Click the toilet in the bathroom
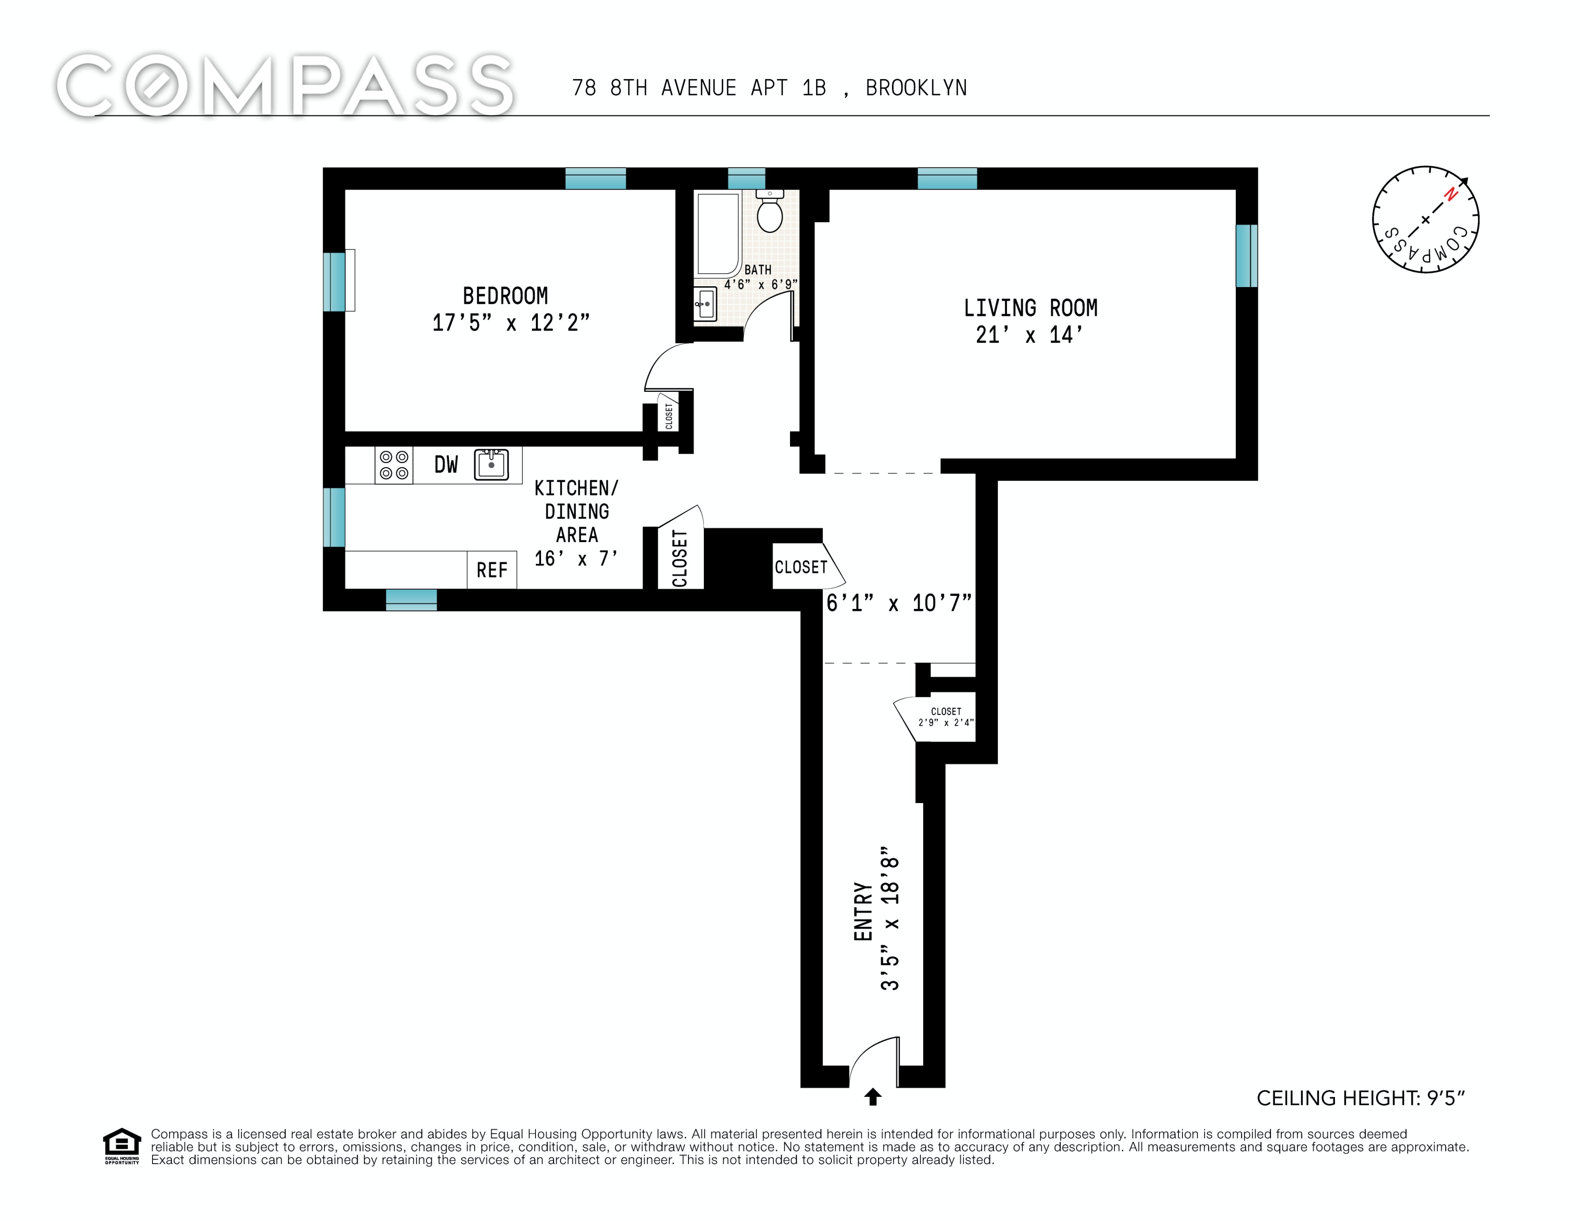coord(770,211)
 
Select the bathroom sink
coord(705,304)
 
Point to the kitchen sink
coord(491,464)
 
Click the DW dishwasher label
coord(446,464)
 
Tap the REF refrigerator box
coord(492,570)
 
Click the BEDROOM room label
coord(505,296)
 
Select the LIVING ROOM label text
coord(1030,308)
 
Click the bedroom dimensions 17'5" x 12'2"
coord(511,323)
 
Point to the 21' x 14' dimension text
coord(1030,335)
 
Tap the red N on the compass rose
coord(1451,194)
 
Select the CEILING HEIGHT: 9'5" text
coord(1360,1098)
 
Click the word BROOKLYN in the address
coord(916,88)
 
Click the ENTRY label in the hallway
coord(863,911)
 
